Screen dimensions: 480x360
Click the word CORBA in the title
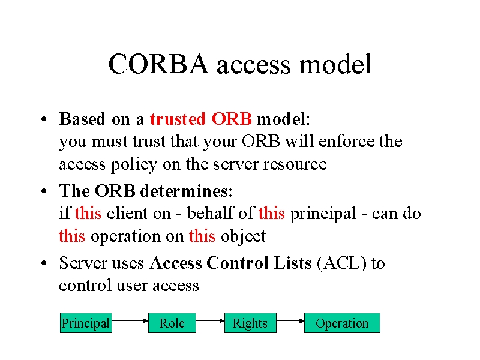[158, 64]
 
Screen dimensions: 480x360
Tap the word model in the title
[335, 64]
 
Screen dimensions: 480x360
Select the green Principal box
[86, 323]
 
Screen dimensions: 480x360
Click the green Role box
[172, 323]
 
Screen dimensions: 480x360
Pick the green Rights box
[250, 323]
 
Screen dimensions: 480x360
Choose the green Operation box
[342, 323]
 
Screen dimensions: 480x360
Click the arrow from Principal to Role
[130, 321]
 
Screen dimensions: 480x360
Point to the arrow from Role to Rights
[210, 321]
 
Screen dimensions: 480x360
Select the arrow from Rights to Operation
[290, 321]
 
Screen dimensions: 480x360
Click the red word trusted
[178, 119]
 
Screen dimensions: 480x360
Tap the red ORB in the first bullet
[232, 119]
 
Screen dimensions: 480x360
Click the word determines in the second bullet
[184, 191]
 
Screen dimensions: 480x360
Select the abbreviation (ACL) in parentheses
[341, 263]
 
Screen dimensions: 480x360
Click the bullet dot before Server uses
[44, 263]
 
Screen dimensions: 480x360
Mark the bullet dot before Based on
[44, 119]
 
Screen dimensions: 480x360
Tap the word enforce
[346, 141]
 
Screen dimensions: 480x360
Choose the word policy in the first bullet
[134, 164]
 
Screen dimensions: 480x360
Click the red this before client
[88, 213]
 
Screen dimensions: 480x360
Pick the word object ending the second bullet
[244, 236]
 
